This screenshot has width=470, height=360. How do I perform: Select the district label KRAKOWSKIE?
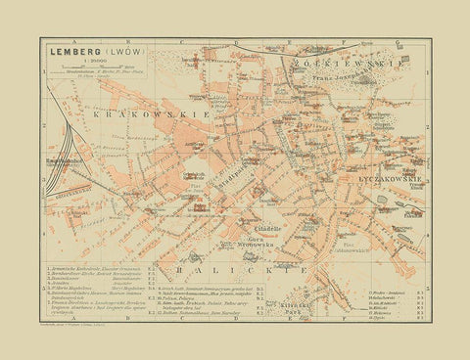pos(128,114)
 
